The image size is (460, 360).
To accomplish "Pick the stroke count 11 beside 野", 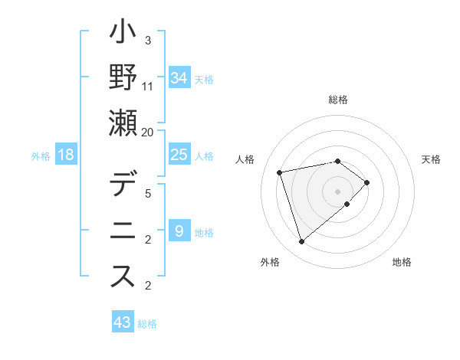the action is (x=148, y=87).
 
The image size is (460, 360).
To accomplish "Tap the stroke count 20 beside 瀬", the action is (x=148, y=133).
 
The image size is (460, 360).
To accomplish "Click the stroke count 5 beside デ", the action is (x=148, y=194).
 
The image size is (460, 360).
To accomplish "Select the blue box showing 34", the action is (x=179, y=78).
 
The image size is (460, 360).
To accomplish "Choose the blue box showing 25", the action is (x=179, y=155).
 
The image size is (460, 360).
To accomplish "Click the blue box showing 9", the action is (x=179, y=231).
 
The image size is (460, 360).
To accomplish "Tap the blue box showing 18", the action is (x=66, y=155).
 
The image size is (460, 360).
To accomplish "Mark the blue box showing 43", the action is (x=123, y=322).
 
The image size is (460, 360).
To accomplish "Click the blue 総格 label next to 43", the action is (x=147, y=324).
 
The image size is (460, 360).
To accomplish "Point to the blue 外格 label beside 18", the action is (x=41, y=156).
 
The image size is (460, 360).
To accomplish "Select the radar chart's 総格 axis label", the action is (x=337, y=100).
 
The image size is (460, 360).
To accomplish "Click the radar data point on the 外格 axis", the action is (x=301, y=242).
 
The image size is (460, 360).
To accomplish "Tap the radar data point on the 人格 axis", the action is (x=280, y=172).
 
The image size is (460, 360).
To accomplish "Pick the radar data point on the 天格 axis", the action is (x=367, y=182).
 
